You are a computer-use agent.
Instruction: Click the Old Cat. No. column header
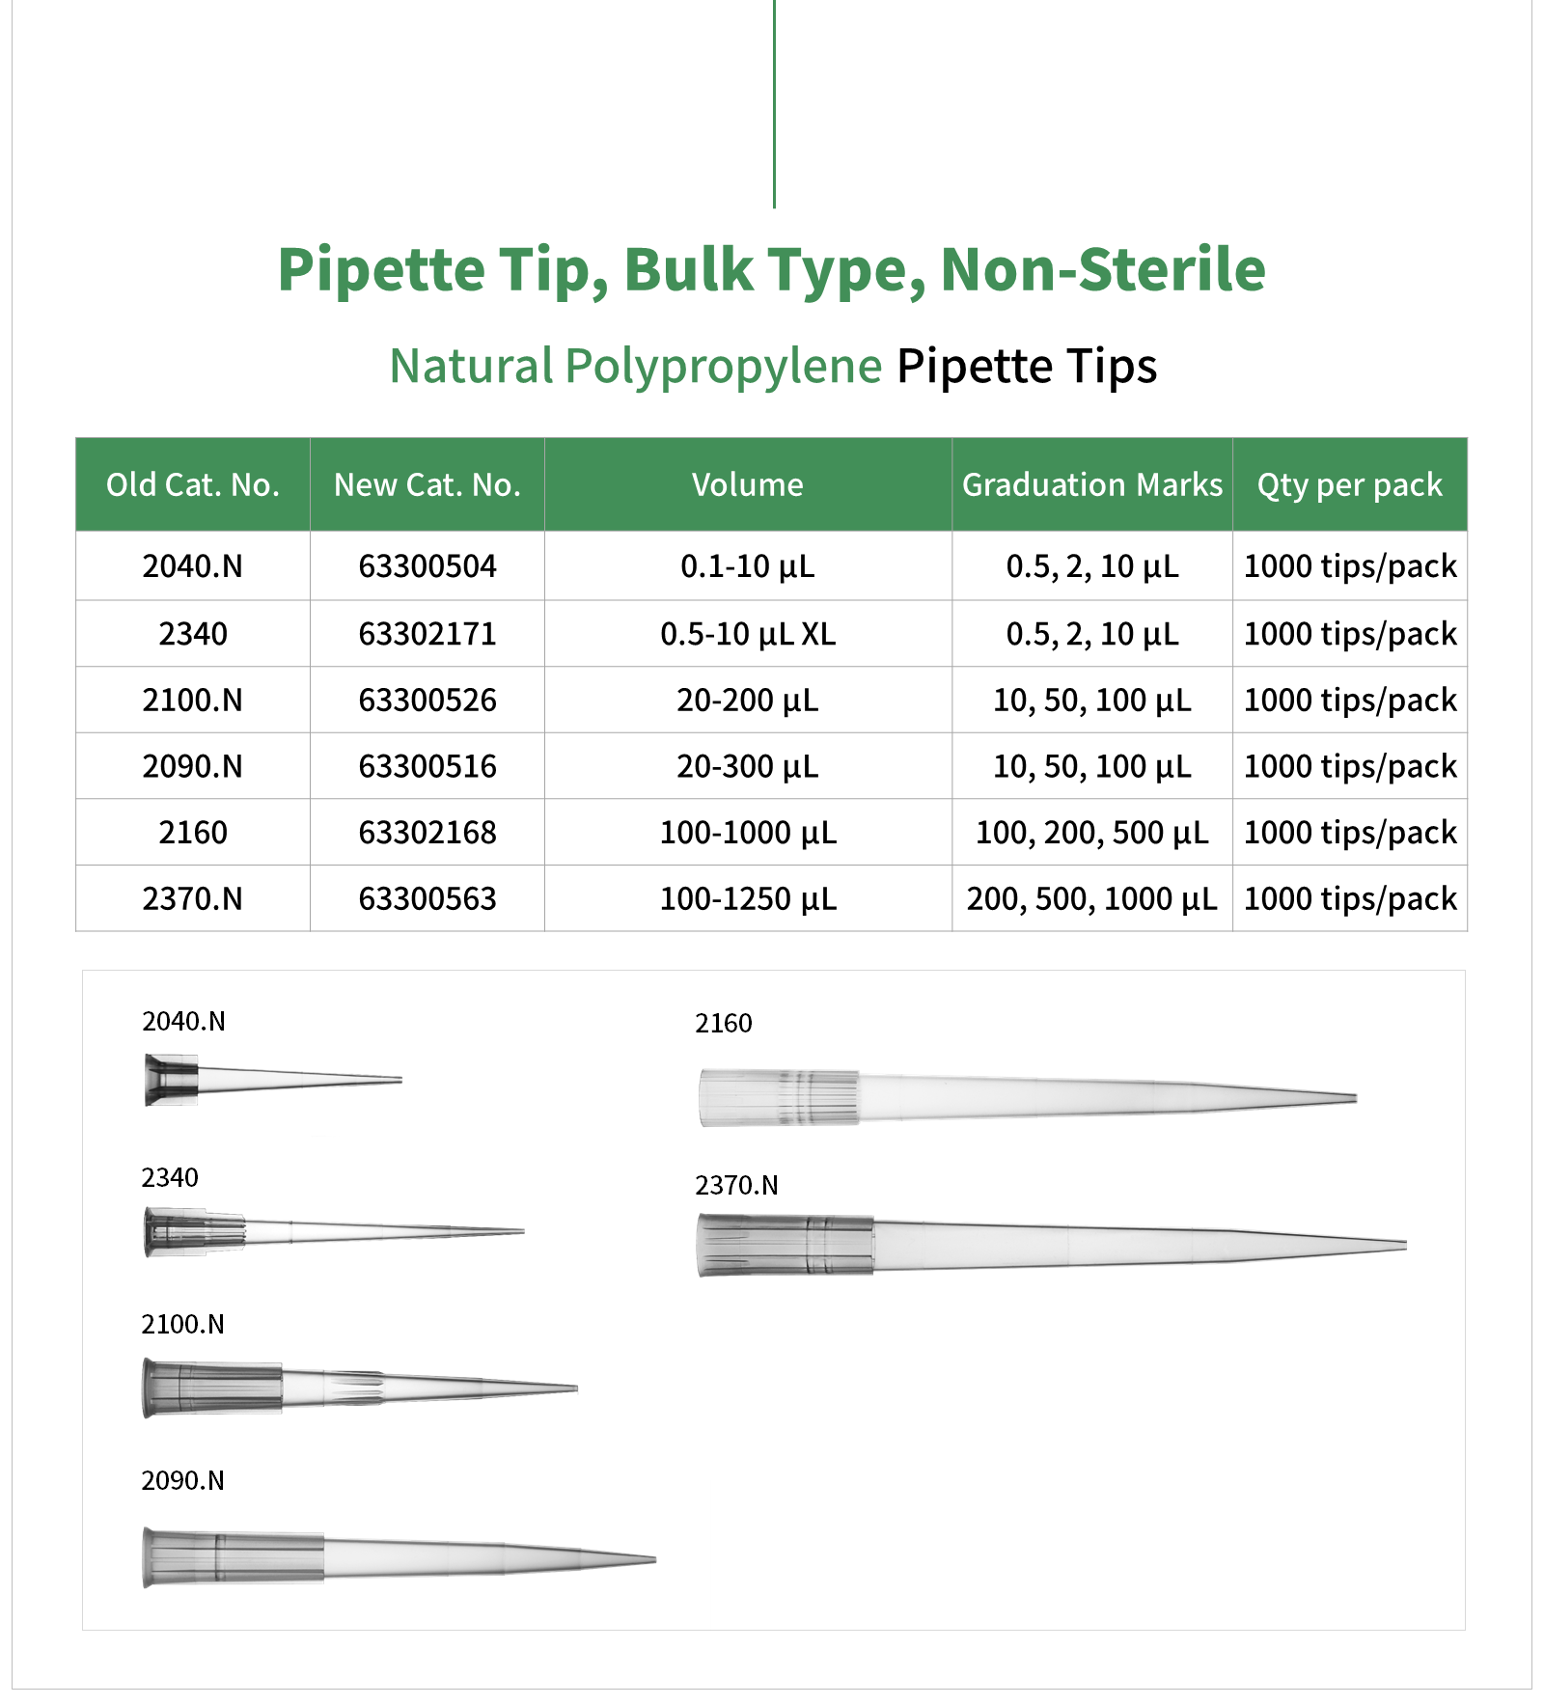(193, 484)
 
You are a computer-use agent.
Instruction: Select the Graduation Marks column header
(1091, 484)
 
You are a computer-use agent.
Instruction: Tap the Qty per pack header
(1349, 484)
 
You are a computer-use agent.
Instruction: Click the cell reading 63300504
(427, 566)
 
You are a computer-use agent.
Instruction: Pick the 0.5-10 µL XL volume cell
(748, 634)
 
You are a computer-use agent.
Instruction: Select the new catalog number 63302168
(427, 833)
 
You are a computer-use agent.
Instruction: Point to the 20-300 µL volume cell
(748, 767)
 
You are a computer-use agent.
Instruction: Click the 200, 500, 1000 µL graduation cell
(1091, 899)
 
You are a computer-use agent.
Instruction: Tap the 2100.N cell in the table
(193, 701)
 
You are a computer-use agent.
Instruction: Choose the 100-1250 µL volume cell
(748, 899)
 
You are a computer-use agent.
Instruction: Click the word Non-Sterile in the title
(1102, 269)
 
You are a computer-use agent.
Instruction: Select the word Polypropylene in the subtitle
(723, 367)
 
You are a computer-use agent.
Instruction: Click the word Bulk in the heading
(688, 269)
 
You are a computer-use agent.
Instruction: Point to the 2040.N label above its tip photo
(183, 1021)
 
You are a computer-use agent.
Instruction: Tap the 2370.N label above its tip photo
(736, 1185)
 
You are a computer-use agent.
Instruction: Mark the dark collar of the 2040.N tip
(172, 1080)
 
